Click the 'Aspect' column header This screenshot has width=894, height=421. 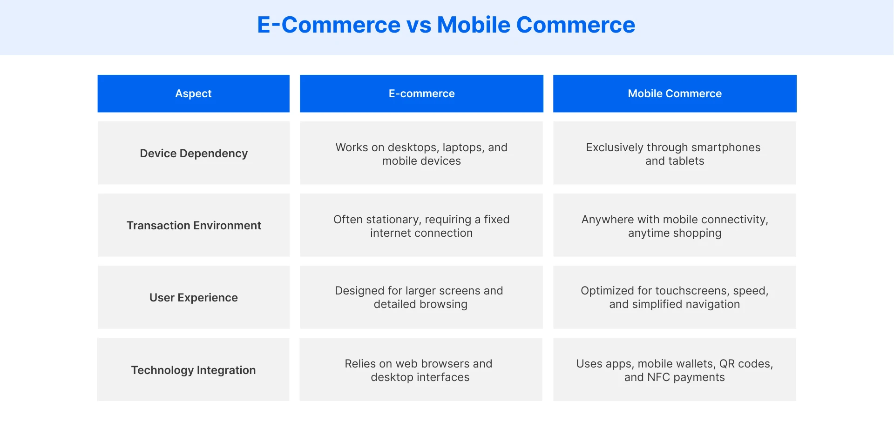193,94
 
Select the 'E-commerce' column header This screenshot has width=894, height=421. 421,94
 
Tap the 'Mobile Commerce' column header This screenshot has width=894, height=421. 675,94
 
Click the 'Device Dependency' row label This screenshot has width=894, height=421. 194,154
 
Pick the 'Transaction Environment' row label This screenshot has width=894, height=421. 194,226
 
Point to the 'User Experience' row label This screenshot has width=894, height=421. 194,298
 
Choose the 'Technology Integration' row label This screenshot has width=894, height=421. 193,370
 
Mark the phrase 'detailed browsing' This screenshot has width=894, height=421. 420,304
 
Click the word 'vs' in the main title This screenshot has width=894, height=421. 419,25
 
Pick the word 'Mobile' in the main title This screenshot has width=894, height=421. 474,25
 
